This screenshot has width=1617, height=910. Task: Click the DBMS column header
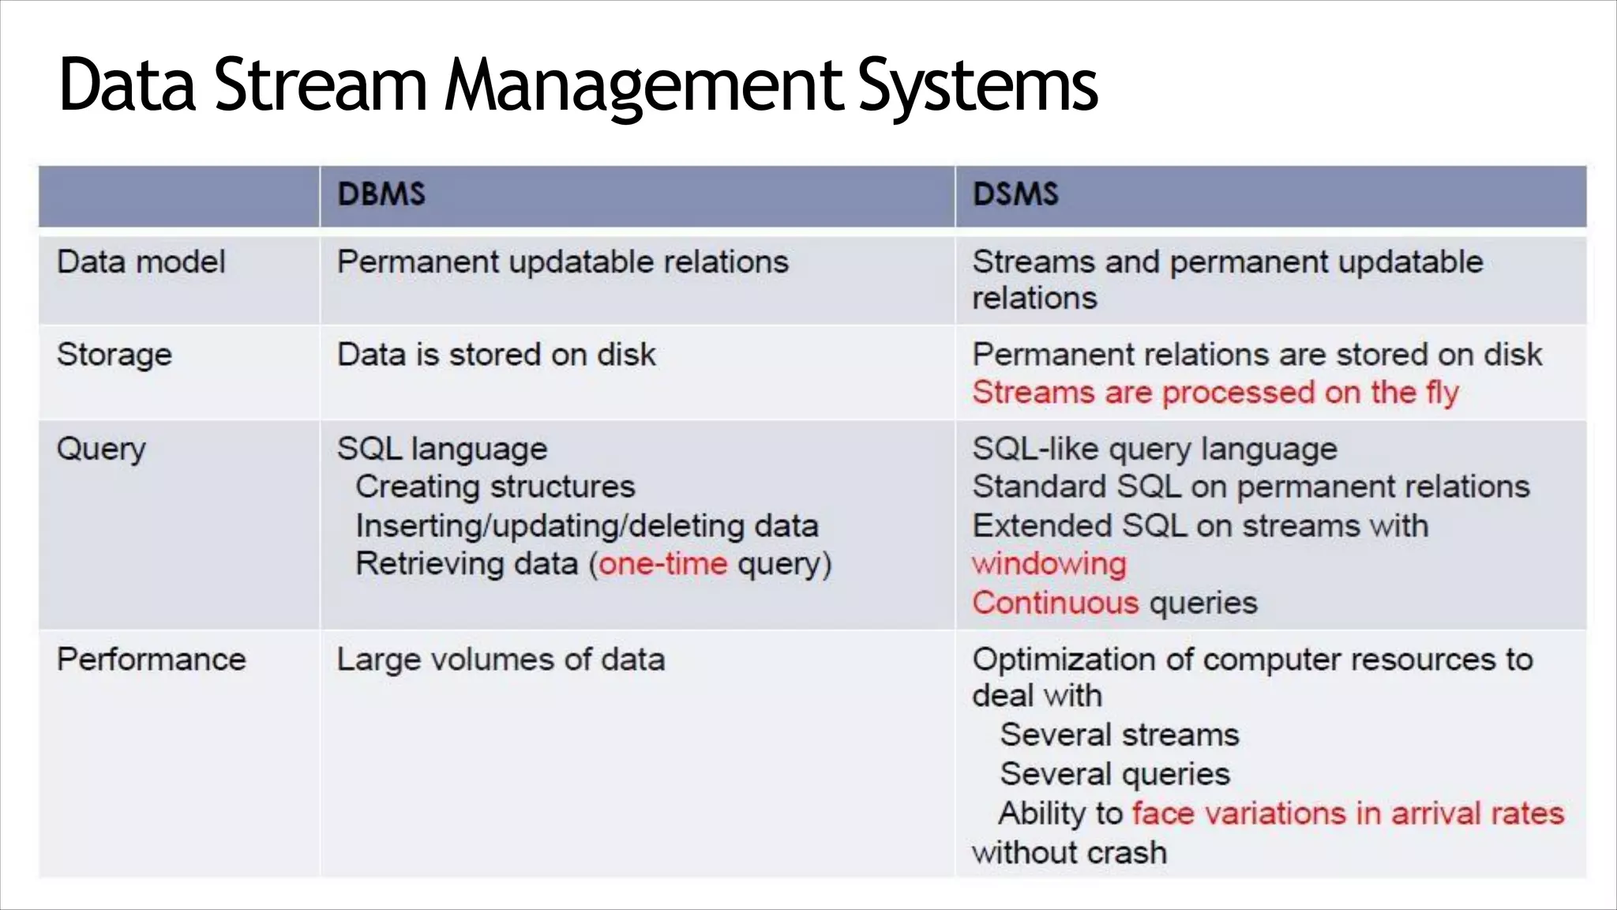[x=381, y=194]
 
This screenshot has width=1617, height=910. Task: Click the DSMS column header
[x=1015, y=194]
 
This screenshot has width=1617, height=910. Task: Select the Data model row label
[x=141, y=262]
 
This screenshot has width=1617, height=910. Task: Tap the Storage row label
[x=114, y=355]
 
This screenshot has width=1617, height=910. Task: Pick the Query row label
[x=101, y=449]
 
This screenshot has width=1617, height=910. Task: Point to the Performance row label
[x=151, y=660]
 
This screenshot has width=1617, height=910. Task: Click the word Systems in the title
[x=977, y=85]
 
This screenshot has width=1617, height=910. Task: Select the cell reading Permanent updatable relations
[x=562, y=262]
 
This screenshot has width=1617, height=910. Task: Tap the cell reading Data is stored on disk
[x=496, y=355]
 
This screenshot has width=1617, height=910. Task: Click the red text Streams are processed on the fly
[x=1215, y=393]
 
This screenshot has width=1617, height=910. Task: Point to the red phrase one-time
[x=662, y=564]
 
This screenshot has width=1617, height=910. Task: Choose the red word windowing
[x=1049, y=564]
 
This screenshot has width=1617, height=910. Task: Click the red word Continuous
[x=1056, y=603]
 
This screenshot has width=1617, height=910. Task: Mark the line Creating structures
[x=495, y=487]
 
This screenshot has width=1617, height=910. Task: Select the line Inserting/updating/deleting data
[x=587, y=526]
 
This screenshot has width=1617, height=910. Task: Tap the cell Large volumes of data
[x=501, y=660]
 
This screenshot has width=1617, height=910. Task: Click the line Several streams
[x=1120, y=735]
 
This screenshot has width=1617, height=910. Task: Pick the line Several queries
[x=1115, y=774]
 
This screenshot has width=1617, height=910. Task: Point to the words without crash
[x=1069, y=853]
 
